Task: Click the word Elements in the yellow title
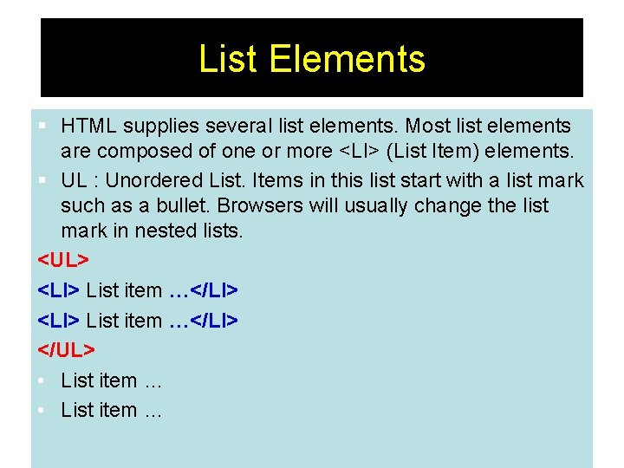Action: click(x=347, y=59)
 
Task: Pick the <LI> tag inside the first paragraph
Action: click(x=358, y=151)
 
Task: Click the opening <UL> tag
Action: click(x=63, y=260)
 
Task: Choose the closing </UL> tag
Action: click(x=67, y=349)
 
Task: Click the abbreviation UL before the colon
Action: click(x=74, y=181)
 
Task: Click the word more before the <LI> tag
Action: click(x=308, y=151)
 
